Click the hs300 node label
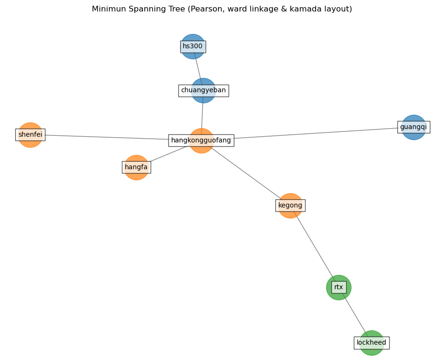point(193,46)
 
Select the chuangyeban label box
point(203,90)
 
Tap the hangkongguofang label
point(201,141)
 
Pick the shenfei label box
point(30,135)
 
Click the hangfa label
point(136,167)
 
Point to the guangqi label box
point(414,127)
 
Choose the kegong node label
point(290,206)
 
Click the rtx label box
point(339,287)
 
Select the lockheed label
point(372,343)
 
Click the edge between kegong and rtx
point(315,247)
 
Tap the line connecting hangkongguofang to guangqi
point(316,133)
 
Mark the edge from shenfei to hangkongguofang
point(105,137)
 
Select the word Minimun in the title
point(108,9)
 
